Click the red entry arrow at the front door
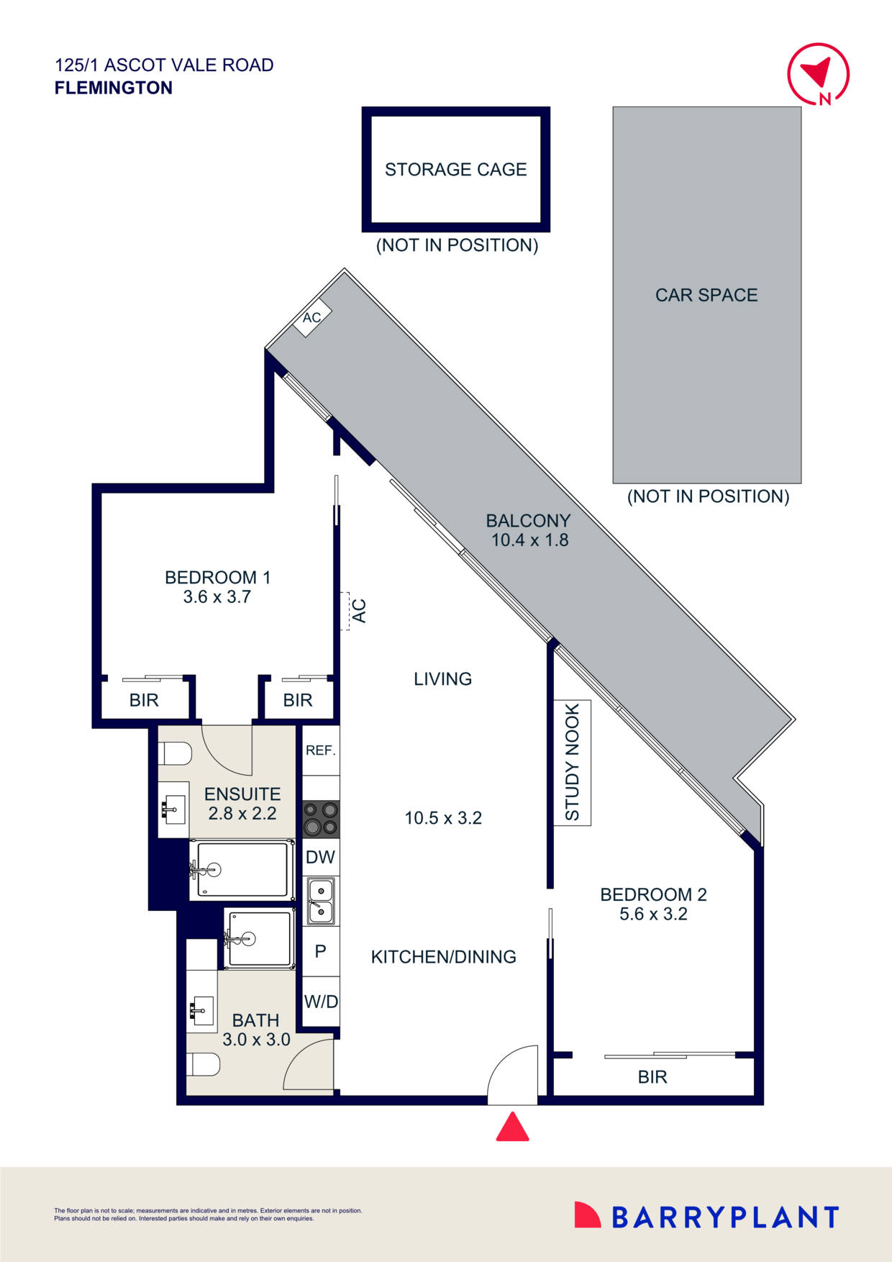click(x=512, y=1127)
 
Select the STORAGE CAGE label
click(x=455, y=170)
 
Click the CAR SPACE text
click(x=706, y=295)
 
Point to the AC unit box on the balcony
click(x=312, y=317)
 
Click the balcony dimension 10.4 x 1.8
click(x=529, y=540)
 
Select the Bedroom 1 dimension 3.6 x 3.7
click(x=217, y=596)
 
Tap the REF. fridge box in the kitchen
click(x=320, y=750)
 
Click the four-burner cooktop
click(x=320, y=819)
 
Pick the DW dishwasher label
click(x=320, y=857)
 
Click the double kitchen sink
click(x=320, y=901)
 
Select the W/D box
click(x=320, y=1001)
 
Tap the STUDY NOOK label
click(x=572, y=763)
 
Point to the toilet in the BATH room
click(x=203, y=1064)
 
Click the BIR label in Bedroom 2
click(x=652, y=1077)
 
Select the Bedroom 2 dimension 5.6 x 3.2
click(x=653, y=914)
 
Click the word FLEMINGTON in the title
click(x=114, y=88)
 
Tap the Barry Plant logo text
click(x=724, y=1217)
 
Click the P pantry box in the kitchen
click(x=320, y=951)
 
